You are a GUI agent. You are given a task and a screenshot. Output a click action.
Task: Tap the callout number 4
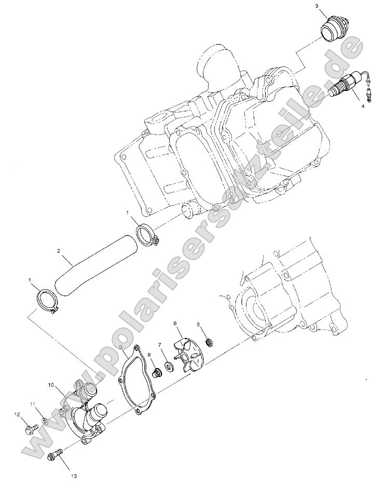coord(363,106)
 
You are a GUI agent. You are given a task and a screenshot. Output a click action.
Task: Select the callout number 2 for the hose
coord(59,252)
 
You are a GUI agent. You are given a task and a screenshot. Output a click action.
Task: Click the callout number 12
coord(17,415)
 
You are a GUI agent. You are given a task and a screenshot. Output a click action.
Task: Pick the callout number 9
coord(120,347)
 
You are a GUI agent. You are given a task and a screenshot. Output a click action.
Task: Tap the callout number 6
coord(175,323)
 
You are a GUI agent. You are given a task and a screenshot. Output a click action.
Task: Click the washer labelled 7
coord(169,367)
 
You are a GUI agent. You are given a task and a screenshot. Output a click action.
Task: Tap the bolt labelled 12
coord(30,429)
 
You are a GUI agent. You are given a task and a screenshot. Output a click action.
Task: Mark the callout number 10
coord(51,385)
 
